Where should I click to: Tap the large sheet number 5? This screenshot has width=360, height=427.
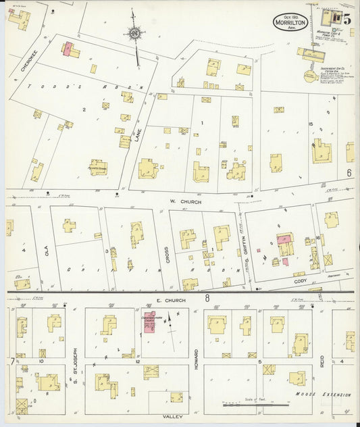point(346,18)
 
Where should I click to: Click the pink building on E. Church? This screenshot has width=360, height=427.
point(148,324)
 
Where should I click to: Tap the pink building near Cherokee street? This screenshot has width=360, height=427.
point(68,49)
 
